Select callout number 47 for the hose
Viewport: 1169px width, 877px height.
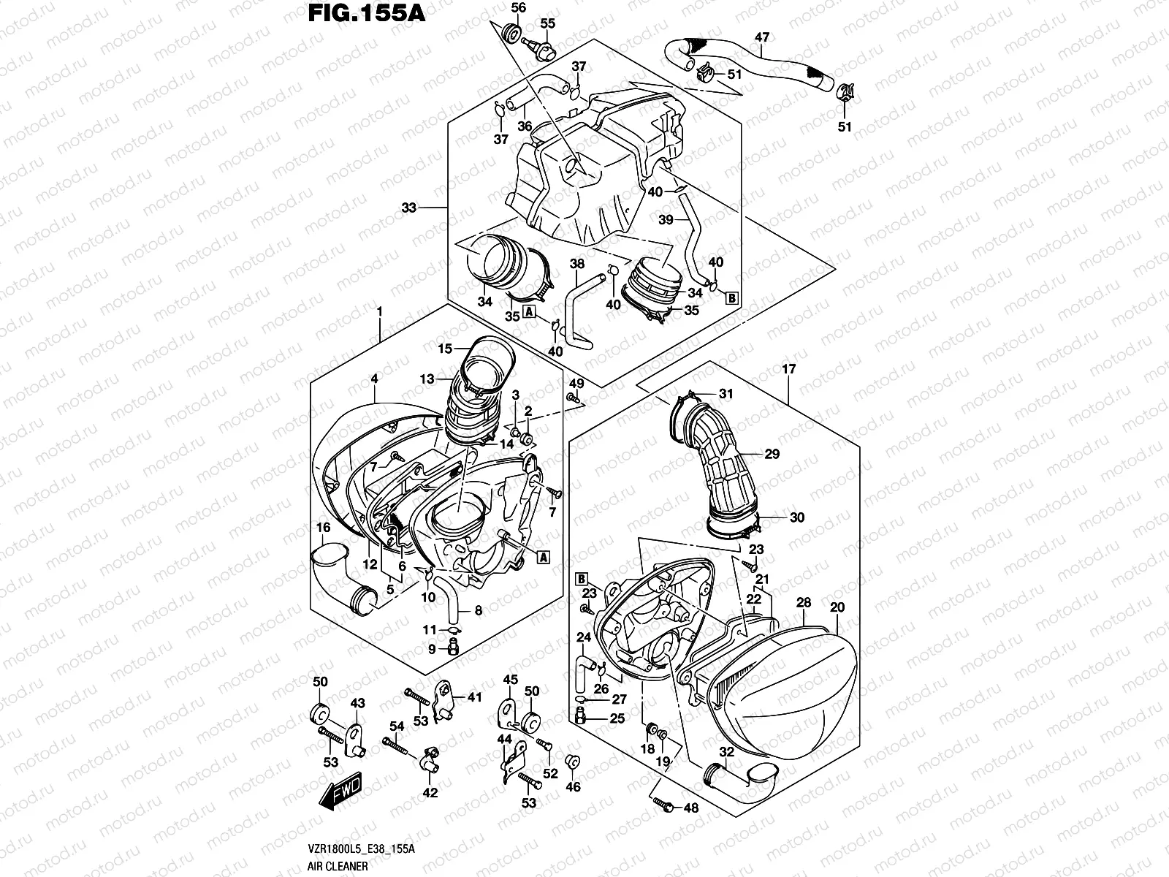click(761, 37)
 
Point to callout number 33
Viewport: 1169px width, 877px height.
click(408, 208)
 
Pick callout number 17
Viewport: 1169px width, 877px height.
click(788, 370)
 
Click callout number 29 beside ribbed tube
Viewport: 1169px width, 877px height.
click(772, 454)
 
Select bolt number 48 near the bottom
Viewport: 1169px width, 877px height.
click(666, 805)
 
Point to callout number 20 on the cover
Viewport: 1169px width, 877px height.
click(837, 608)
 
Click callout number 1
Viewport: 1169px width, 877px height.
click(380, 311)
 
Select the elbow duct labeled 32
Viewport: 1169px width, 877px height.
click(738, 778)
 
